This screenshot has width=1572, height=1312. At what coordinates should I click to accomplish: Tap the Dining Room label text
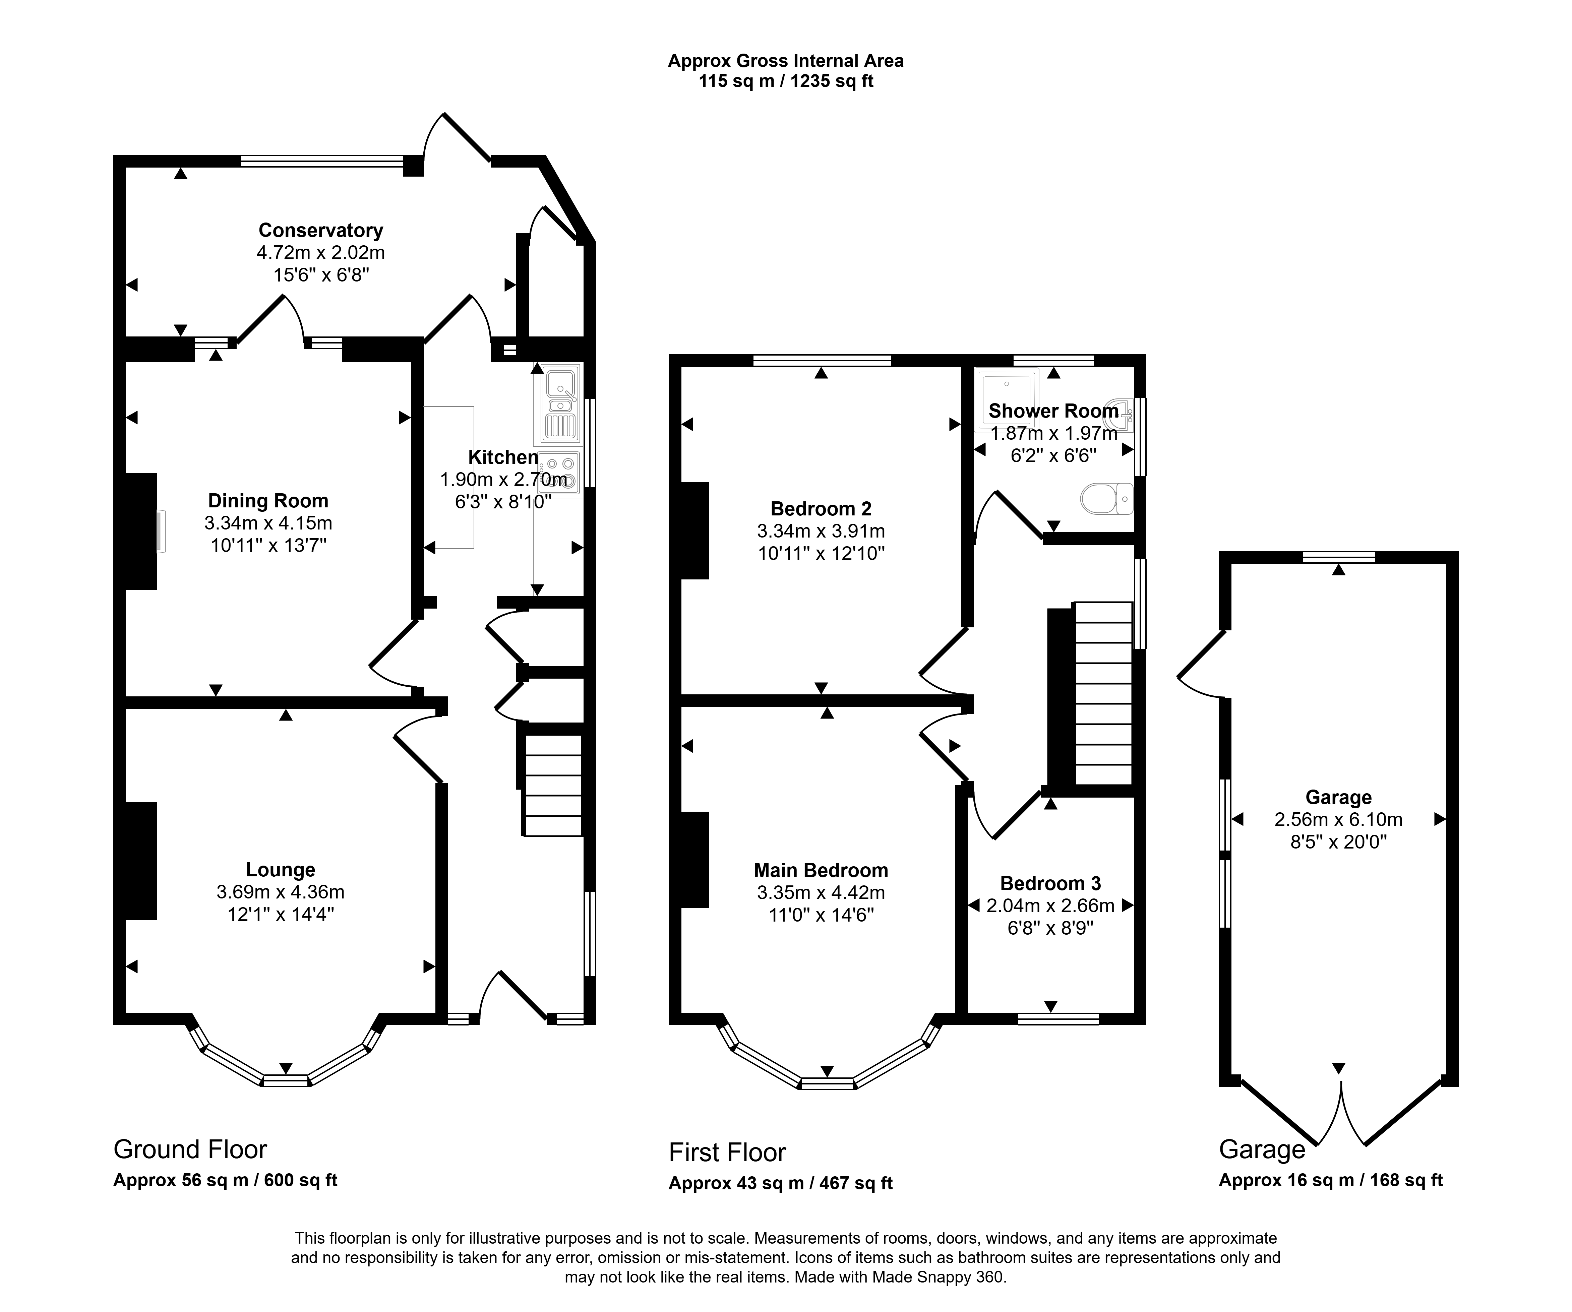pyautogui.click(x=268, y=501)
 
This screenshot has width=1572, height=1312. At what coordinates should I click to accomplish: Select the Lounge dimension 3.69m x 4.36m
pyautogui.click(x=281, y=892)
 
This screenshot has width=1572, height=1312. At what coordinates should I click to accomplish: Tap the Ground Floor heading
pyautogui.click(x=190, y=1149)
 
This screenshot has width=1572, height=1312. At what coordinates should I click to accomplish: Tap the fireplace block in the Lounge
pyautogui.click(x=140, y=861)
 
